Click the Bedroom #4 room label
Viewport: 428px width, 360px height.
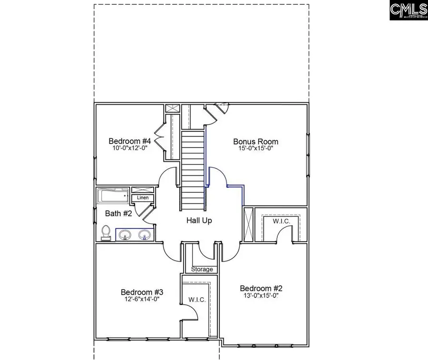point(130,141)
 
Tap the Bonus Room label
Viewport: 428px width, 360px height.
point(255,141)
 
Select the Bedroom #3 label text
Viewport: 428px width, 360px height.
point(142,292)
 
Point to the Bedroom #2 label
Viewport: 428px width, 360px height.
point(261,288)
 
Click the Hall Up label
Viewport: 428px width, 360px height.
point(199,221)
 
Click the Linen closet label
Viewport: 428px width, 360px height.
point(143,197)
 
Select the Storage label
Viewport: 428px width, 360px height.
point(202,270)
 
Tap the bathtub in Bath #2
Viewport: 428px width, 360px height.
point(113,195)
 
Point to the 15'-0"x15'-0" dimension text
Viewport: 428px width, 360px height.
point(255,148)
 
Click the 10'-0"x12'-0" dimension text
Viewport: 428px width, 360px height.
point(130,148)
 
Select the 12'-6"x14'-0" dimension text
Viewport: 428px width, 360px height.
point(142,299)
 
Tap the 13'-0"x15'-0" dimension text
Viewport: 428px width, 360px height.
point(261,296)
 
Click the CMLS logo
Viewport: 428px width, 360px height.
point(408,10)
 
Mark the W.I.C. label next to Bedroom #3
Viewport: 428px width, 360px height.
point(197,300)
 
